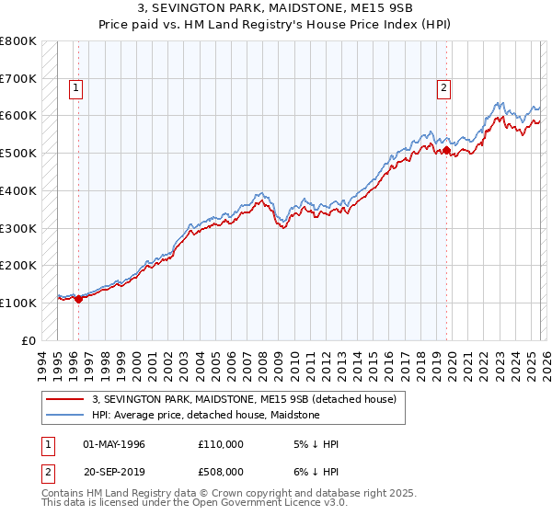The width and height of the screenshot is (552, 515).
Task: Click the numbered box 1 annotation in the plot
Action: tap(75, 88)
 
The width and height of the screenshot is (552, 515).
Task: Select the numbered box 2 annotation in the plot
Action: tap(443, 88)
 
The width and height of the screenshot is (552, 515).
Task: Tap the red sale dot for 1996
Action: tap(78, 298)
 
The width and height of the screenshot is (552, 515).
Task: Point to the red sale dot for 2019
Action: tap(446, 150)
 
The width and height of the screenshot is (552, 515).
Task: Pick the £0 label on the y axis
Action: tap(28, 340)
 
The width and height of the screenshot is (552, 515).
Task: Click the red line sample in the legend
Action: tap(65, 399)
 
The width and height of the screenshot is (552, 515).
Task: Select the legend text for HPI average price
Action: tap(205, 415)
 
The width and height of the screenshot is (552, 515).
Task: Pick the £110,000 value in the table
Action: tap(220, 444)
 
